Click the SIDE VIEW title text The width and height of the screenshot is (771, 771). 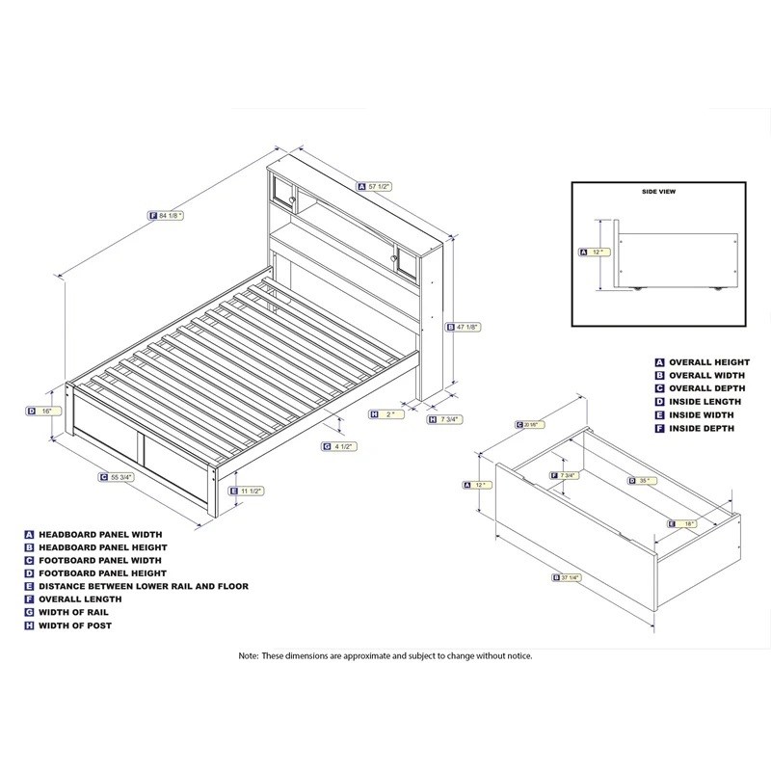658,192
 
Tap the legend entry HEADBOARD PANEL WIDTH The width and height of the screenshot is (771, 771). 100,533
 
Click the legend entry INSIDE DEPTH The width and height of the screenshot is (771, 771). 701,428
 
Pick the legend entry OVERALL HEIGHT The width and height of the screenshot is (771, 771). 707,362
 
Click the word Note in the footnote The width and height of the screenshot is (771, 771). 249,655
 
